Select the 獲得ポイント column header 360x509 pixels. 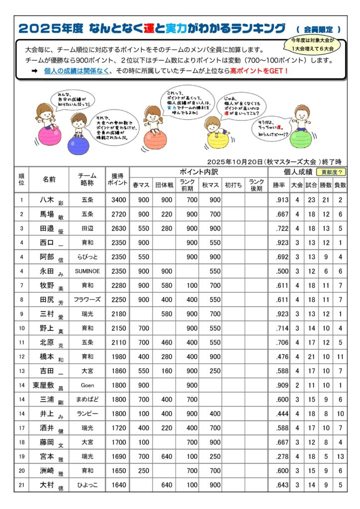(x=117, y=179)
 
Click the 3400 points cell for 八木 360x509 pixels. (x=117, y=200)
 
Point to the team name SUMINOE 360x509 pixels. (x=87, y=271)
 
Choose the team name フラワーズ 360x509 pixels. (x=87, y=300)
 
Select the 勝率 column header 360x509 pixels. (x=279, y=185)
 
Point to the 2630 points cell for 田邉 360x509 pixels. (x=117, y=229)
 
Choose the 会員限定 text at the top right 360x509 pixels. (x=320, y=29)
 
